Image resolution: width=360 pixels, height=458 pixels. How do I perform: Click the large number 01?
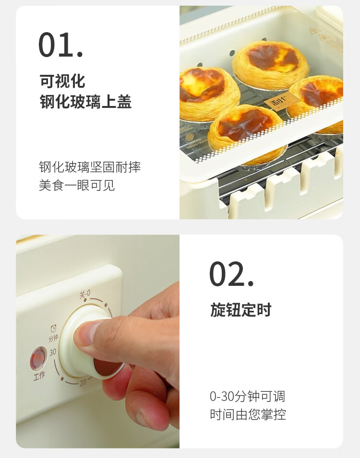tap(61, 45)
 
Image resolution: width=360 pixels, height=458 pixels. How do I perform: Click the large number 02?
tap(231, 274)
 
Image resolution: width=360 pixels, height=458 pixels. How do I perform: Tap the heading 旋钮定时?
tap(240, 310)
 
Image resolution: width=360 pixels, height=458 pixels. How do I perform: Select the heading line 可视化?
tap(62, 81)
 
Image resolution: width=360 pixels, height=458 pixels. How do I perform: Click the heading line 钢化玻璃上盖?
tap(85, 101)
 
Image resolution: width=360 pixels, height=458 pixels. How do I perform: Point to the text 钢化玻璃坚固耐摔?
tap(90, 167)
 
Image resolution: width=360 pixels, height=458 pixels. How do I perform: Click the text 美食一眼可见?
tap(77, 185)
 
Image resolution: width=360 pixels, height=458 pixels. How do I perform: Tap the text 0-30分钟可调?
tap(247, 396)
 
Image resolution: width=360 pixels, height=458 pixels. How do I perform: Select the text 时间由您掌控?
tap(248, 414)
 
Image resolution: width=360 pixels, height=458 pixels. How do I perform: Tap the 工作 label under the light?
tap(39, 376)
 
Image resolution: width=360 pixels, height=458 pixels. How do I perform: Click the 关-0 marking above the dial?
tap(85, 294)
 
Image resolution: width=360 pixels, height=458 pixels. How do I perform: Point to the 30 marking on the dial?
tap(53, 352)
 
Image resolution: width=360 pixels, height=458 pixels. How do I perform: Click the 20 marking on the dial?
tap(83, 382)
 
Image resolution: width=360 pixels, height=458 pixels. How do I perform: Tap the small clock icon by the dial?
tap(54, 329)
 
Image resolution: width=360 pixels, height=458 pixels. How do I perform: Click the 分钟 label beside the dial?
tap(53, 339)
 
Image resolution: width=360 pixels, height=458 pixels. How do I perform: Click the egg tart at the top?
tap(271, 65)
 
